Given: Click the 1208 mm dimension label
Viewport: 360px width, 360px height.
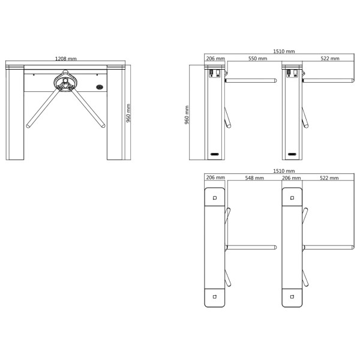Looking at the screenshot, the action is pos(65,59).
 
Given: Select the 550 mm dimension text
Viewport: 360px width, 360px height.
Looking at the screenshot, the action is pos(257,59).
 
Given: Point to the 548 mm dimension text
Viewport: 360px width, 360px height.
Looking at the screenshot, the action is pos(254,178).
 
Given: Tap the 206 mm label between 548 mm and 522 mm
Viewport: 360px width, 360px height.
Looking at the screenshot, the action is pos(291,178).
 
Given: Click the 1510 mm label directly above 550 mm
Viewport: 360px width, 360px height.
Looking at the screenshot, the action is pos(284,52).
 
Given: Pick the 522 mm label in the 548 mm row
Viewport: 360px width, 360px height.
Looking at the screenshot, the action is pos(329,178).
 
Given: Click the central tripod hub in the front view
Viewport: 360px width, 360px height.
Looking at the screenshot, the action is pos(65,82).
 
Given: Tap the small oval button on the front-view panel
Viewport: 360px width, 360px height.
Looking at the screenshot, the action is pos(100,87).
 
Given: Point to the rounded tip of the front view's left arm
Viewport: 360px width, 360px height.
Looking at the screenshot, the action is pos(28,126).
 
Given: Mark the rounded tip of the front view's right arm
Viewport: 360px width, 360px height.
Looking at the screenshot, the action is pos(103,126).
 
